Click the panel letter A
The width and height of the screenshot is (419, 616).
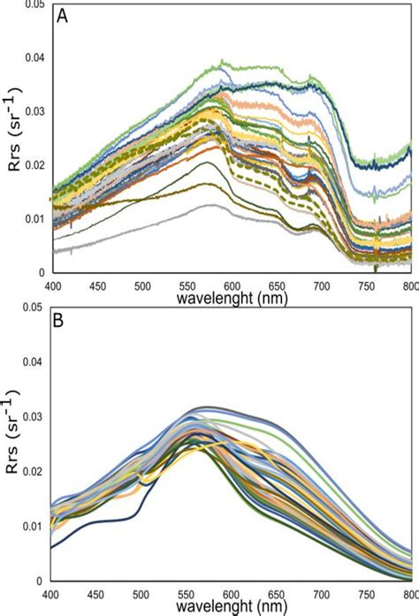(x=64, y=17)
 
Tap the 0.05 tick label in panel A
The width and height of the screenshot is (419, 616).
(x=35, y=5)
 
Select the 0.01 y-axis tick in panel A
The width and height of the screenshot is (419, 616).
(x=35, y=218)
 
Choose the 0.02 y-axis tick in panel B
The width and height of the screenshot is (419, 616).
(x=35, y=472)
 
